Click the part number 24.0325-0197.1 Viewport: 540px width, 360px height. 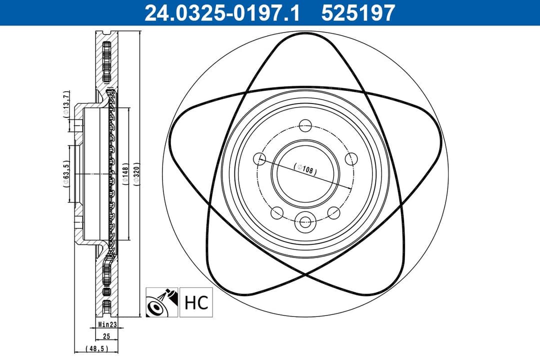tap(222, 12)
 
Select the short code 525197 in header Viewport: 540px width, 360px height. tap(358, 12)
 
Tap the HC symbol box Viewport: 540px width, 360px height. tap(196, 302)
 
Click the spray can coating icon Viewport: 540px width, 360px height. tap(161, 302)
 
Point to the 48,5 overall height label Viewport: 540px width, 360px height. tap(96, 348)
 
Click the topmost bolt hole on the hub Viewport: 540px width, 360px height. tap(304, 125)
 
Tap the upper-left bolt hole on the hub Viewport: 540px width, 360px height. tap(259, 159)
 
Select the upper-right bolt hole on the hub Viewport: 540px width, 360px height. tap(351, 159)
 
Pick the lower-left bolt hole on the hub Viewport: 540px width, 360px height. tap(276, 212)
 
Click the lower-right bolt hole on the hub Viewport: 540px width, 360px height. tap(333, 212)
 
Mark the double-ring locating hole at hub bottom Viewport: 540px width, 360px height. tap(304, 221)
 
